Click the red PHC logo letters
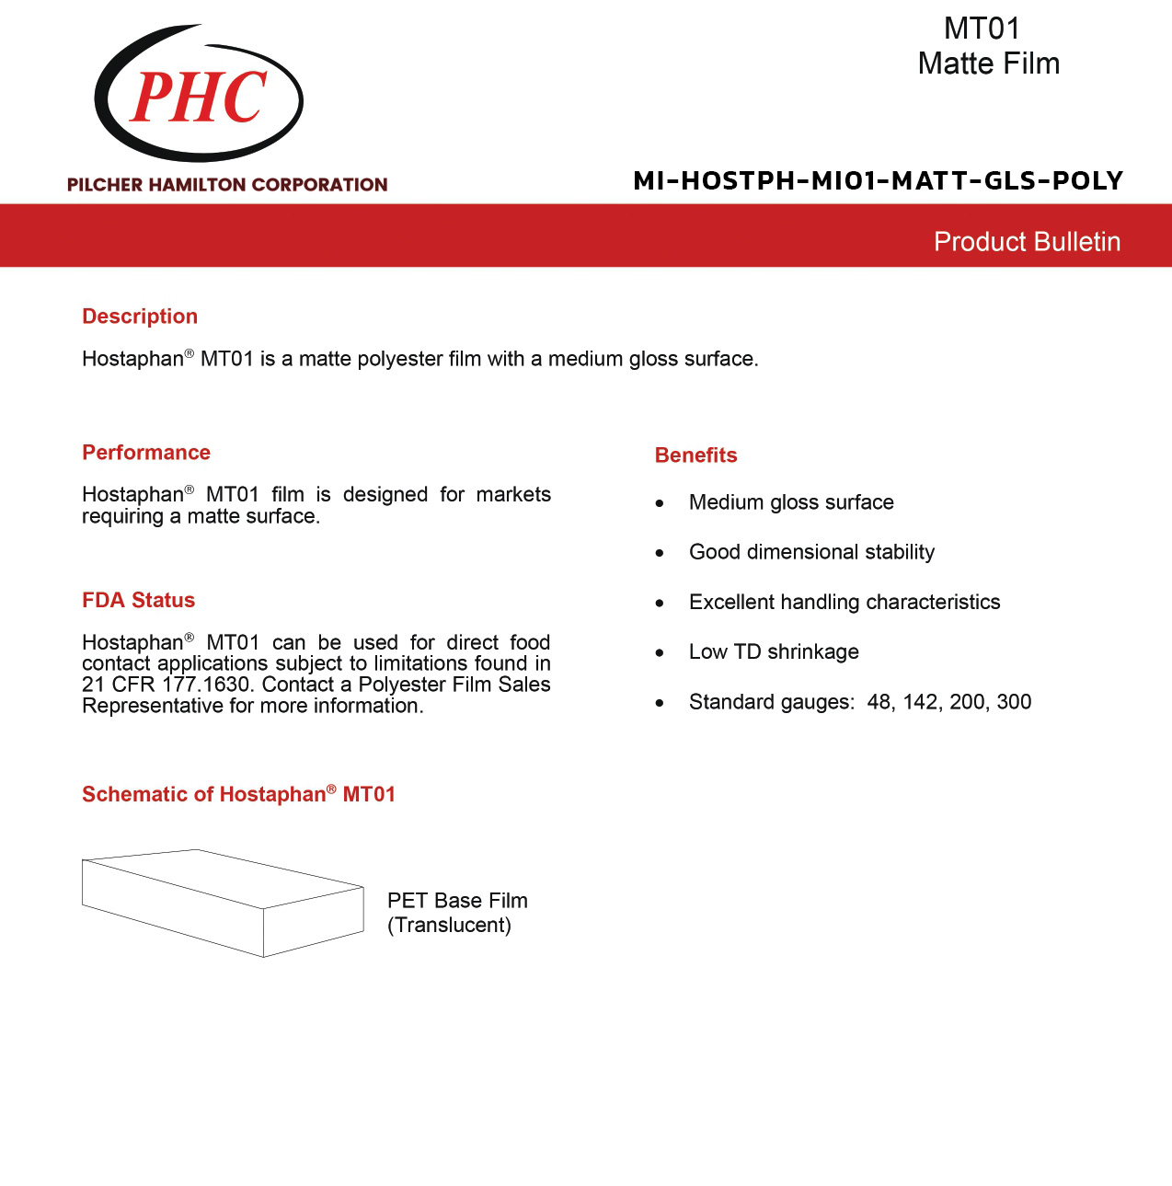199,97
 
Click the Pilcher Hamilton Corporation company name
227,185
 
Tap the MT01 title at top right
982,29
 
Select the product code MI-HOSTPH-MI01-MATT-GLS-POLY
878,180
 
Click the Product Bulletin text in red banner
1027,242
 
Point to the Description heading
140,317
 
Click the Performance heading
146,453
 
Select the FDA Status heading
138,601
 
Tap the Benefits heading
695,455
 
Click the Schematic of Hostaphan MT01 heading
238,795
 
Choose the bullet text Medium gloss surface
791,502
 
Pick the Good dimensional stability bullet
811,552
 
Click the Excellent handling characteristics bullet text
845,602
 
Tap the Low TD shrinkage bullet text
774,651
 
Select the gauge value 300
1014,702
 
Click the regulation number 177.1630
206,685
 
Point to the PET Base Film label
457,901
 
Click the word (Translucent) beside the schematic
449,926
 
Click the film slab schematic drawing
223,903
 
